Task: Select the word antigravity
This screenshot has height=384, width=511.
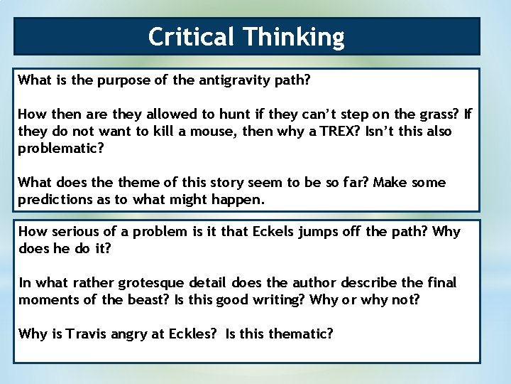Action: (232, 80)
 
